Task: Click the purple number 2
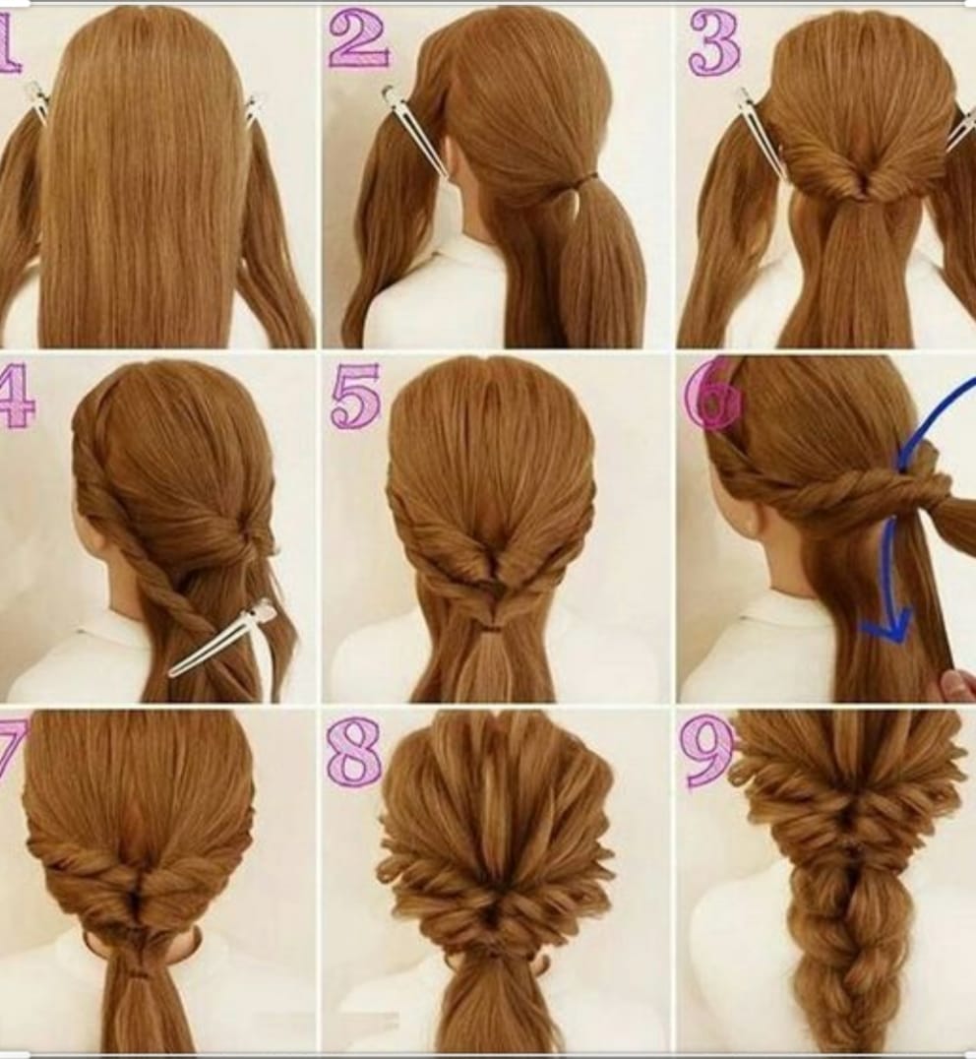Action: (358, 39)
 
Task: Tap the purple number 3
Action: (714, 44)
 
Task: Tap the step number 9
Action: (707, 751)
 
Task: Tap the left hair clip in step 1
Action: (37, 101)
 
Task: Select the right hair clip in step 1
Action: (252, 111)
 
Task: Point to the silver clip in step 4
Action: (222, 637)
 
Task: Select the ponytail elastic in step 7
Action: (140, 973)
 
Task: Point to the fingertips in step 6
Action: (960, 687)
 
